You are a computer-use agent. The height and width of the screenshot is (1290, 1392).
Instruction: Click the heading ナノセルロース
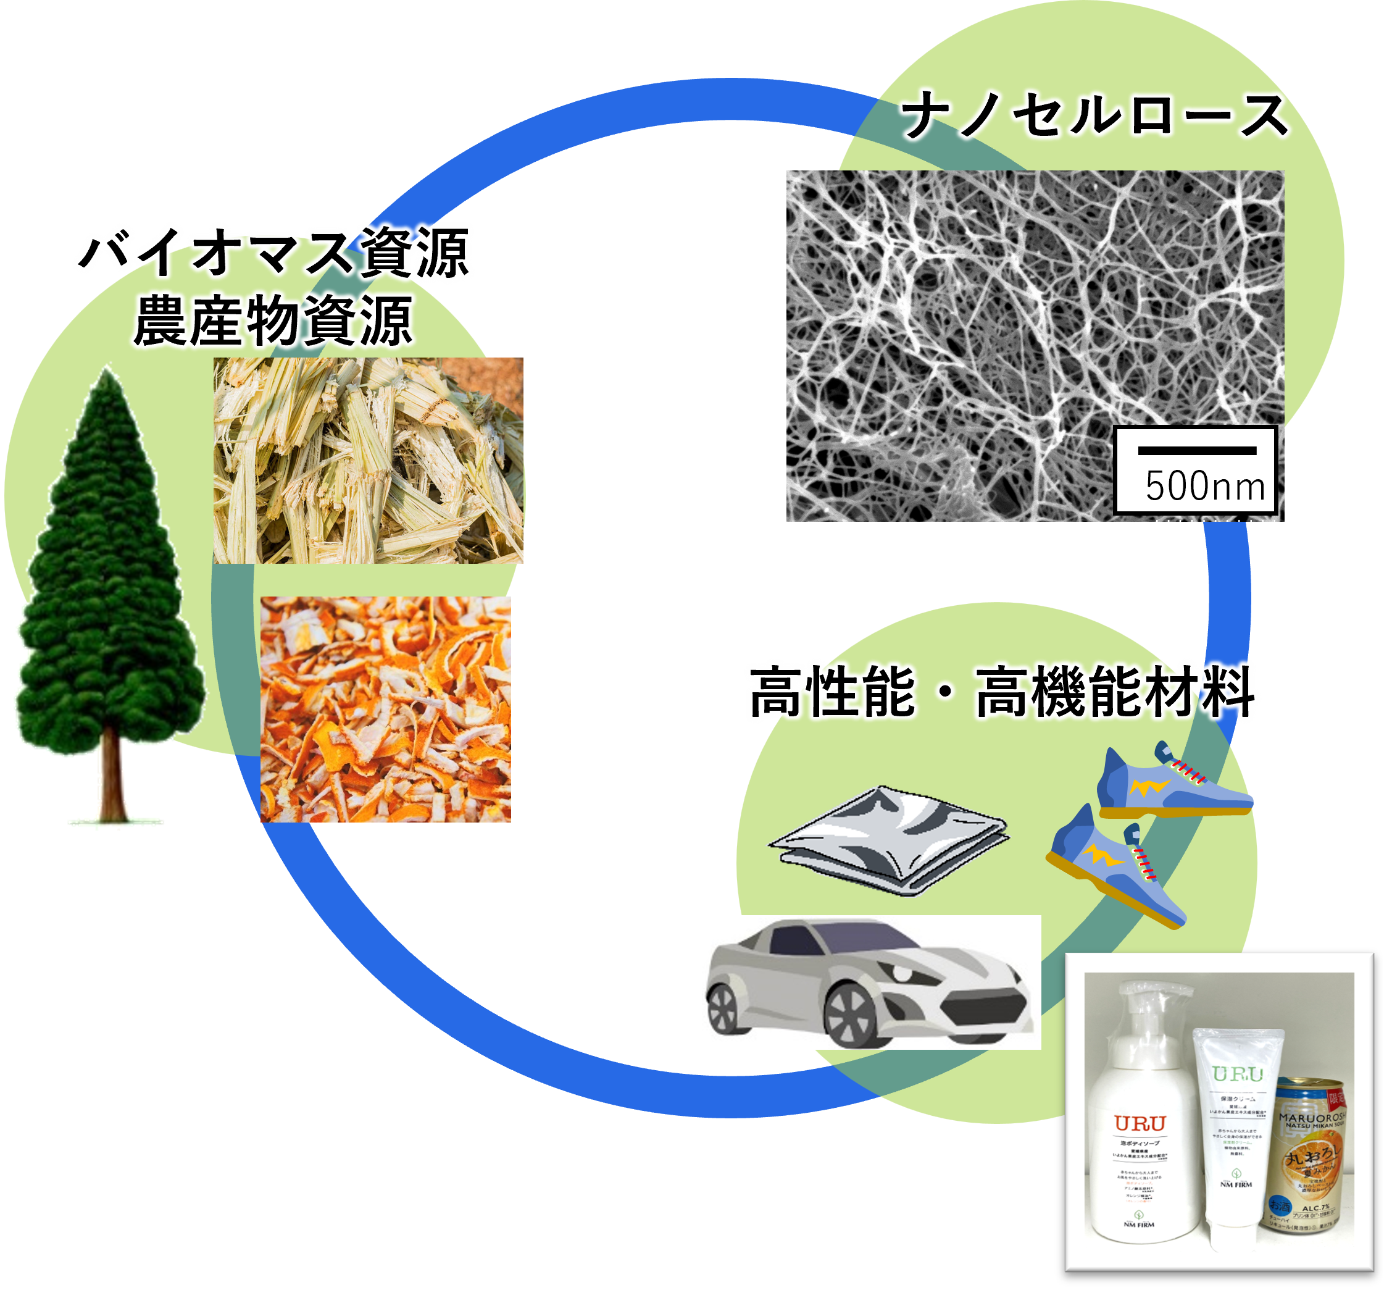pyautogui.click(x=1094, y=116)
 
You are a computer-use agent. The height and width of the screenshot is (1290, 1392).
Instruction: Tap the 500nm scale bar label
pyautogui.click(x=1204, y=486)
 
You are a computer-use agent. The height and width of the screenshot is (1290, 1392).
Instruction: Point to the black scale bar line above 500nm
pyautogui.click(x=1197, y=450)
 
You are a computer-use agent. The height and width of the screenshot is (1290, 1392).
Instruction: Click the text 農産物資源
pyautogui.click(x=273, y=321)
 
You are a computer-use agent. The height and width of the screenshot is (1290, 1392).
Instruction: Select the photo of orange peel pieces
pyautogui.click(x=385, y=708)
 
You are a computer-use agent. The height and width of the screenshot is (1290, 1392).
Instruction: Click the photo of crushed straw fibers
pyautogui.click(x=368, y=460)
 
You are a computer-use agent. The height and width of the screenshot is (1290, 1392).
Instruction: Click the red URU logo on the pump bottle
pyautogui.click(x=1140, y=1123)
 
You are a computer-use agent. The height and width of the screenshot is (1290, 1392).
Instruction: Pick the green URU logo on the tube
pyautogui.click(x=1237, y=1074)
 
